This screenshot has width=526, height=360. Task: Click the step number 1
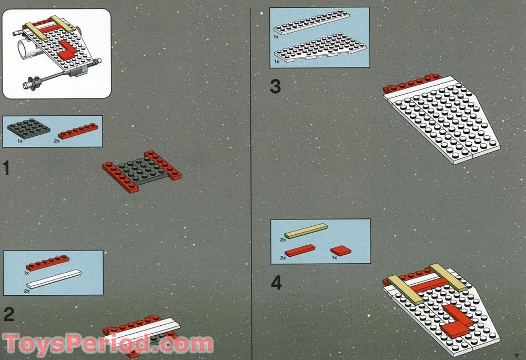click(x=6, y=168)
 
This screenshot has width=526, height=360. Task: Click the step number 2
click(x=9, y=315)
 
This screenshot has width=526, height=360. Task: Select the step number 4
click(x=276, y=284)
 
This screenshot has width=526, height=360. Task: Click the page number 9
click(x=517, y=355)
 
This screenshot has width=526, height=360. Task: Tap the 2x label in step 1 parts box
click(x=56, y=141)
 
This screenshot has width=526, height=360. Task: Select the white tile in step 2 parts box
click(x=55, y=278)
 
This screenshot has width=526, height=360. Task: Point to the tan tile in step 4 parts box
click(x=306, y=231)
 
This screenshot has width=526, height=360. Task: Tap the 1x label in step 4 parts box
click(x=333, y=257)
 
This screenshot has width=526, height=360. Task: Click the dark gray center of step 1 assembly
click(x=141, y=171)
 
